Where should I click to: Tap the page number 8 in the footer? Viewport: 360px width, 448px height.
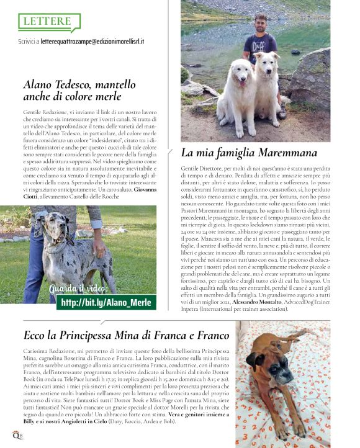[x=21, y=437]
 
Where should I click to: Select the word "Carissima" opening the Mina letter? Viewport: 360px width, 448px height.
[x=35, y=351]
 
